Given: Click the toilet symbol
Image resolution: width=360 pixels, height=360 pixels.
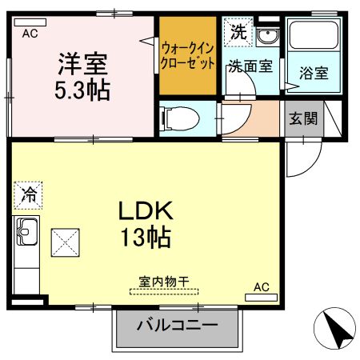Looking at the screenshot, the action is pyautogui.click(x=179, y=118).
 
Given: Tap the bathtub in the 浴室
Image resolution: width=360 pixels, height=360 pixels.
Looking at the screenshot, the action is pyautogui.click(x=314, y=35).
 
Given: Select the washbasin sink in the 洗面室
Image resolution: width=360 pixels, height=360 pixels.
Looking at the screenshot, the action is pyautogui.click(x=267, y=37).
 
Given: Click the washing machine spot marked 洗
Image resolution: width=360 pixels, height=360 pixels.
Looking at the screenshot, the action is pyautogui.click(x=238, y=32).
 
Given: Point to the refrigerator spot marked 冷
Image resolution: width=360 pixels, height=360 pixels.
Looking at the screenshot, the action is pyautogui.click(x=28, y=195).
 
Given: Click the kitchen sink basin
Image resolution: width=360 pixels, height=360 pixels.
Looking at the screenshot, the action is pyautogui.click(x=26, y=231).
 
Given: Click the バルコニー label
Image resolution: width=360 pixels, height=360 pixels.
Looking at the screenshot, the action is pyautogui.click(x=178, y=325).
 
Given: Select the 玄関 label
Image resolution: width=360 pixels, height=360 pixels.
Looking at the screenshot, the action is pyautogui.click(x=303, y=118).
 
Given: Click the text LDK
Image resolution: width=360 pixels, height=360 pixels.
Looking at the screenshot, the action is pyautogui.click(x=146, y=210).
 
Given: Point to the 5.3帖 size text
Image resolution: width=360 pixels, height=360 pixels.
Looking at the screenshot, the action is pyautogui.click(x=82, y=90).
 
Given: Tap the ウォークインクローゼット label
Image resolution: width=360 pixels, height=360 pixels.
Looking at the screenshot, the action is pyautogui.click(x=188, y=56).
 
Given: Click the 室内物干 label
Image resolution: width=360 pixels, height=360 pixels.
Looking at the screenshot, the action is pyautogui.click(x=164, y=282).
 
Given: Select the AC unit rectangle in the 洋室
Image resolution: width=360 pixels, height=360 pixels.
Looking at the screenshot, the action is pyautogui.click(x=30, y=22).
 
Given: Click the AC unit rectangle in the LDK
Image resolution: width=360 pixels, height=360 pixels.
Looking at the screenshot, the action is pyautogui.click(x=261, y=298).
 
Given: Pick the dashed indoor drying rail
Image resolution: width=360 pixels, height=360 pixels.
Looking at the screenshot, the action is pyautogui.click(x=164, y=292).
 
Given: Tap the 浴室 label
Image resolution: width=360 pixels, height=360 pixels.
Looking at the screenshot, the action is pyautogui.click(x=314, y=73).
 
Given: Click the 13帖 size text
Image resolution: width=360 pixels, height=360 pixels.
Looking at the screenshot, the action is pyautogui.click(x=146, y=237).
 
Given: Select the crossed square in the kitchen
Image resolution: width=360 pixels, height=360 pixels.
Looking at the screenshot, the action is pyautogui.click(x=66, y=242).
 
